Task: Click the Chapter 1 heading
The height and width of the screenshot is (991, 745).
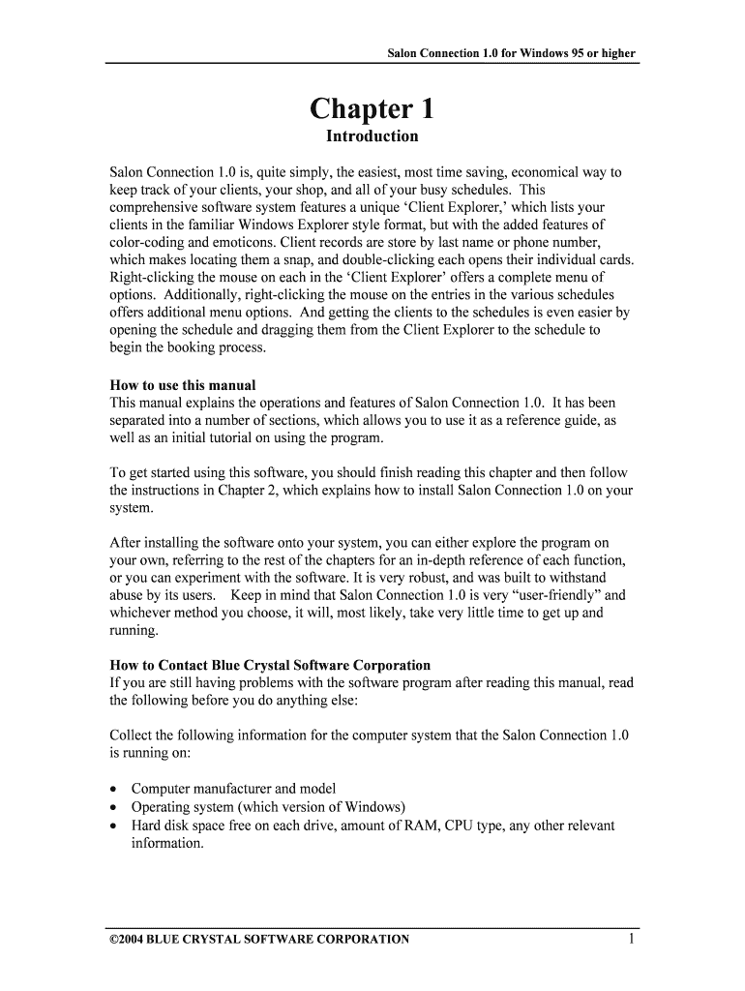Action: click(x=372, y=108)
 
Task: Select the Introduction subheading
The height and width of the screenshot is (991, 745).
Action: click(x=372, y=136)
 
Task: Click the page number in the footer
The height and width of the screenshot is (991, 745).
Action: click(x=630, y=938)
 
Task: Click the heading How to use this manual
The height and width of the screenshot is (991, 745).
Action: click(x=183, y=385)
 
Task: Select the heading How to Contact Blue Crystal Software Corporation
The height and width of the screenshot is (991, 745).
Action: click(x=270, y=665)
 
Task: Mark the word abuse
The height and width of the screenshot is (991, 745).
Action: click(x=129, y=596)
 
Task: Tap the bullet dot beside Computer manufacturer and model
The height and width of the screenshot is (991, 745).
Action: click(x=114, y=790)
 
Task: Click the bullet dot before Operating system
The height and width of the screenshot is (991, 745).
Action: click(x=114, y=807)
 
